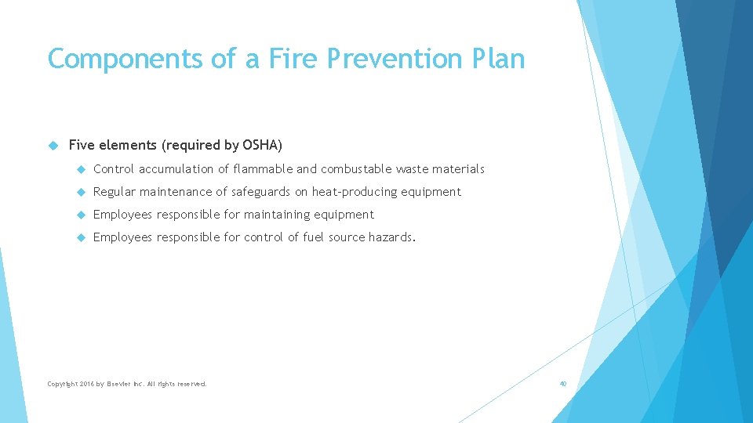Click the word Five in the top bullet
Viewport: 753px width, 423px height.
pyautogui.click(x=82, y=145)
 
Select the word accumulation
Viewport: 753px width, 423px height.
pyautogui.click(x=176, y=169)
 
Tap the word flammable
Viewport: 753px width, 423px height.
pyautogui.click(x=264, y=169)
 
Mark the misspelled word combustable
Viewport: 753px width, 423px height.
pyautogui.click(x=356, y=169)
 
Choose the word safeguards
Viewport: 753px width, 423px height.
pyautogui.click(x=261, y=192)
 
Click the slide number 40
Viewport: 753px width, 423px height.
pyautogui.click(x=562, y=384)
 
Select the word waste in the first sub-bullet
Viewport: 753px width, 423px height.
pyautogui.click(x=412, y=169)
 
